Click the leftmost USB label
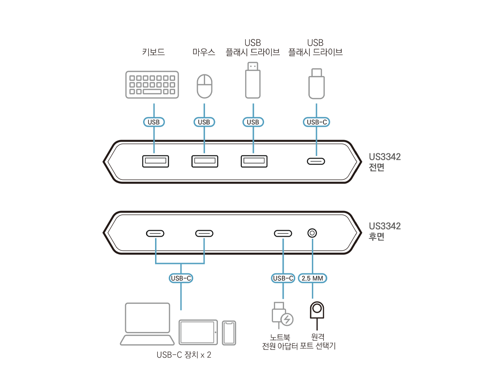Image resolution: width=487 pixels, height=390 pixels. click(153, 122)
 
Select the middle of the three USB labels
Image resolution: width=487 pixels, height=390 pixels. click(204, 122)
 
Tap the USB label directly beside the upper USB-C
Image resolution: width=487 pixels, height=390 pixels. click(253, 122)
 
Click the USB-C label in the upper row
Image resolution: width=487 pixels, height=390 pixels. click(317, 122)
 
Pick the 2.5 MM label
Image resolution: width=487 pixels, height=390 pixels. click(313, 278)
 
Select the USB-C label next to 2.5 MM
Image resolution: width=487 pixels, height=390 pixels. click(283, 278)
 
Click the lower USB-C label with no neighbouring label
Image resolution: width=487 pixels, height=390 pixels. click(181, 278)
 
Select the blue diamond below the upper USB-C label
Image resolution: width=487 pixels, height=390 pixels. click(316, 150)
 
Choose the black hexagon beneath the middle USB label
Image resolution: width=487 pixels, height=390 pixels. click(204, 162)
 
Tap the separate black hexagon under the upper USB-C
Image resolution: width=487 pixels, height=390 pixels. click(315, 163)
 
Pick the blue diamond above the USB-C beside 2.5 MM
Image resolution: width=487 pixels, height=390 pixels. click(283, 244)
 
